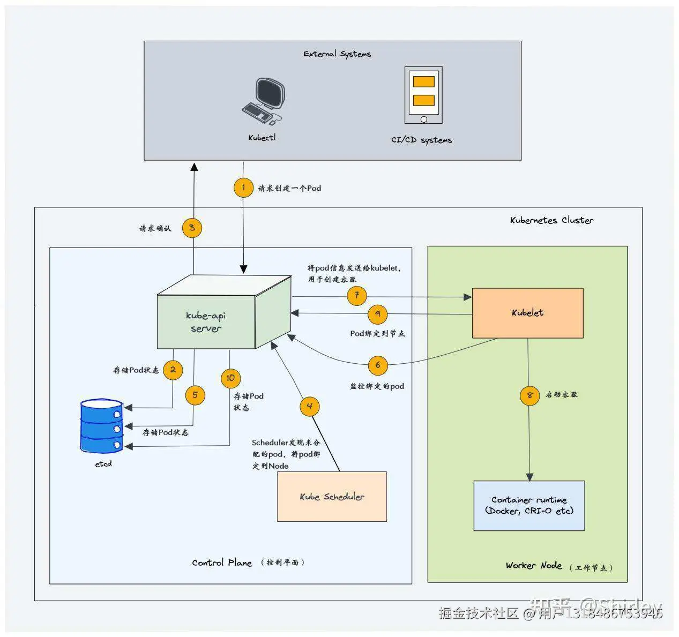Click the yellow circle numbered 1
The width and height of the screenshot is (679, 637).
tap(243, 188)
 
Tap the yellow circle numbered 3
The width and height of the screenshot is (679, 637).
tap(192, 228)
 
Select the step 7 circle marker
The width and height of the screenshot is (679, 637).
tap(356, 296)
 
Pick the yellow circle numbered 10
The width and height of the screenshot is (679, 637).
tap(230, 378)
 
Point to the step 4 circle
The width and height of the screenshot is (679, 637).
tap(309, 406)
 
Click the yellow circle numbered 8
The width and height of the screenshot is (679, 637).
tap(529, 395)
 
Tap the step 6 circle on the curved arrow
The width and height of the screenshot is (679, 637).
tap(378, 365)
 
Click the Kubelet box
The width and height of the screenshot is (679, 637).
tap(527, 313)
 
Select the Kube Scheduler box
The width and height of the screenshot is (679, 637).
tap(332, 497)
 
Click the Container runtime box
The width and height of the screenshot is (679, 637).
tap(529, 506)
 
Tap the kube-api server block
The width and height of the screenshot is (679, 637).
tap(206, 322)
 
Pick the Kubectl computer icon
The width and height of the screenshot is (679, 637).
tap(263, 102)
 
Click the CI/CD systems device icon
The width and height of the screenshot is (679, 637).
tap(423, 95)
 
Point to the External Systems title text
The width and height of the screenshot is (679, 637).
tap(337, 54)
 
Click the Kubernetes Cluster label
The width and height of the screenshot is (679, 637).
tap(551, 220)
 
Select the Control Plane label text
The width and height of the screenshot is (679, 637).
tap(222, 563)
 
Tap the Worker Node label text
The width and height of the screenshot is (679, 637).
tap(534, 566)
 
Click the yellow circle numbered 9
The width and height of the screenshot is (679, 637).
tap(378, 314)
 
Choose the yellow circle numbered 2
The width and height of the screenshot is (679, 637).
tap(173, 370)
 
